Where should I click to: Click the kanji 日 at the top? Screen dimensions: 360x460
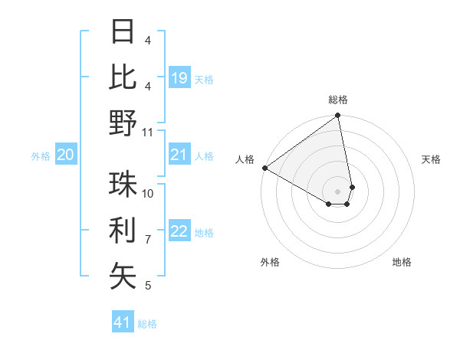pyautogui.click(x=123, y=31)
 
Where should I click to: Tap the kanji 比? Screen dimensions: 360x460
pyautogui.click(x=123, y=77)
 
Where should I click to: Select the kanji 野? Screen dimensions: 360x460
pyautogui.click(x=123, y=123)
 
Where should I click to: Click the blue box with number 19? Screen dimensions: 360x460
pyautogui.click(x=179, y=78)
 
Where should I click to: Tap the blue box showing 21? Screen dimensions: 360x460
pyautogui.click(x=179, y=155)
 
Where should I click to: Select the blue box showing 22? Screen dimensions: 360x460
pyautogui.click(x=179, y=232)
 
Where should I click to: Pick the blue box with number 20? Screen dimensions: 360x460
pyautogui.click(x=65, y=155)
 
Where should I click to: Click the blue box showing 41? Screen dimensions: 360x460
pyautogui.click(x=123, y=322)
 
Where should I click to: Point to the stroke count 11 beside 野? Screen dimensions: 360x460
pyautogui.click(x=149, y=132)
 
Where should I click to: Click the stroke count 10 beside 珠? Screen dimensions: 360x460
pyautogui.click(x=149, y=193)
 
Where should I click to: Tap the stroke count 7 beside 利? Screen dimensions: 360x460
pyautogui.click(x=148, y=239)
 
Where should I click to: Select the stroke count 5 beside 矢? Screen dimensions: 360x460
pyautogui.click(x=148, y=285)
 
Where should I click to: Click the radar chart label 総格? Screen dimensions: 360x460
pyautogui.click(x=338, y=100)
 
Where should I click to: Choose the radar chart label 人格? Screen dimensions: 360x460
pyautogui.click(x=245, y=159)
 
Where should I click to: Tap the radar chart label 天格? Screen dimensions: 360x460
pyautogui.click(x=432, y=159)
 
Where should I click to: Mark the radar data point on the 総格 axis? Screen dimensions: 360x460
pyautogui.click(x=337, y=116)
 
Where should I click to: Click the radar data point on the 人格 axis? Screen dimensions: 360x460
pyautogui.click(x=264, y=168)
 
